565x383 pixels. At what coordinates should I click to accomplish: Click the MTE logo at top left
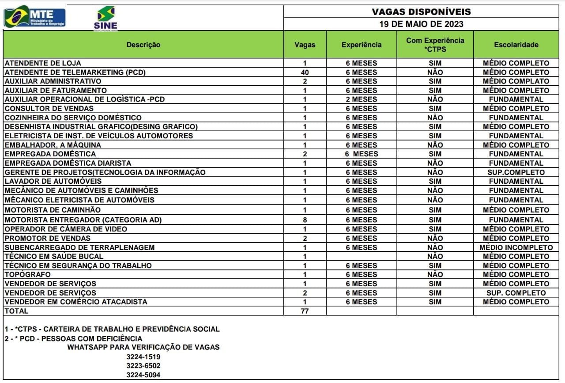34,17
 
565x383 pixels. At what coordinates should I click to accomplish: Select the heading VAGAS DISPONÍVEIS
422,12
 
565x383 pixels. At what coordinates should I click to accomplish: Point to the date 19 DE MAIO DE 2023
422,24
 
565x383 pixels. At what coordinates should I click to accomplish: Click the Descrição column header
143,45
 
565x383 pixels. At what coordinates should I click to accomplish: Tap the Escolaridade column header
516,45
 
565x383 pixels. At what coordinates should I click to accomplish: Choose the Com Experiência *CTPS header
435,45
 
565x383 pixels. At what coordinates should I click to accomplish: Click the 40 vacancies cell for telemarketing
305,72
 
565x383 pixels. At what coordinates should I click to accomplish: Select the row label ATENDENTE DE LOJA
43,63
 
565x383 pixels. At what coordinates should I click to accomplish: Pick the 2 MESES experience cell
362,99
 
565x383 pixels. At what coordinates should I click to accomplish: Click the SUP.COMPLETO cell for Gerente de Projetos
516,172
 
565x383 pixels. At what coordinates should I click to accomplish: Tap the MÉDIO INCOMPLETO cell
516,247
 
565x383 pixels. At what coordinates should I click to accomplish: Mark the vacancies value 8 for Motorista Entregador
305,220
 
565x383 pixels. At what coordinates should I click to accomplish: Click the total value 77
305,311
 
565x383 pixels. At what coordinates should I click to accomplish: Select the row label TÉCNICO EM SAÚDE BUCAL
54,256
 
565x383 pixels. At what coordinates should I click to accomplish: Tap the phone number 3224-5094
143,375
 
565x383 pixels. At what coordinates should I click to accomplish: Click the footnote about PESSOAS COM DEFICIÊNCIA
73,338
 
